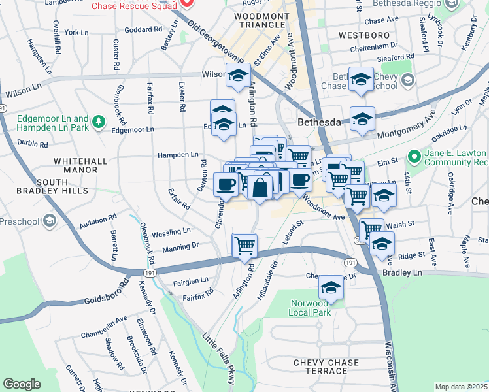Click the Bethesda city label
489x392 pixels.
(x=320, y=122)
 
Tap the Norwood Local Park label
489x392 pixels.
(x=309, y=308)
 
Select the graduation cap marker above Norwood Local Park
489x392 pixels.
(x=331, y=288)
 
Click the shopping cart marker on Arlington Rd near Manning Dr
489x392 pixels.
(x=244, y=246)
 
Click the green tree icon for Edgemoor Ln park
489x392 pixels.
(x=99, y=122)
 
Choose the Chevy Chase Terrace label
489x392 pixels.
(x=326, y=367)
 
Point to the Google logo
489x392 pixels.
(x=22, y=384)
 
